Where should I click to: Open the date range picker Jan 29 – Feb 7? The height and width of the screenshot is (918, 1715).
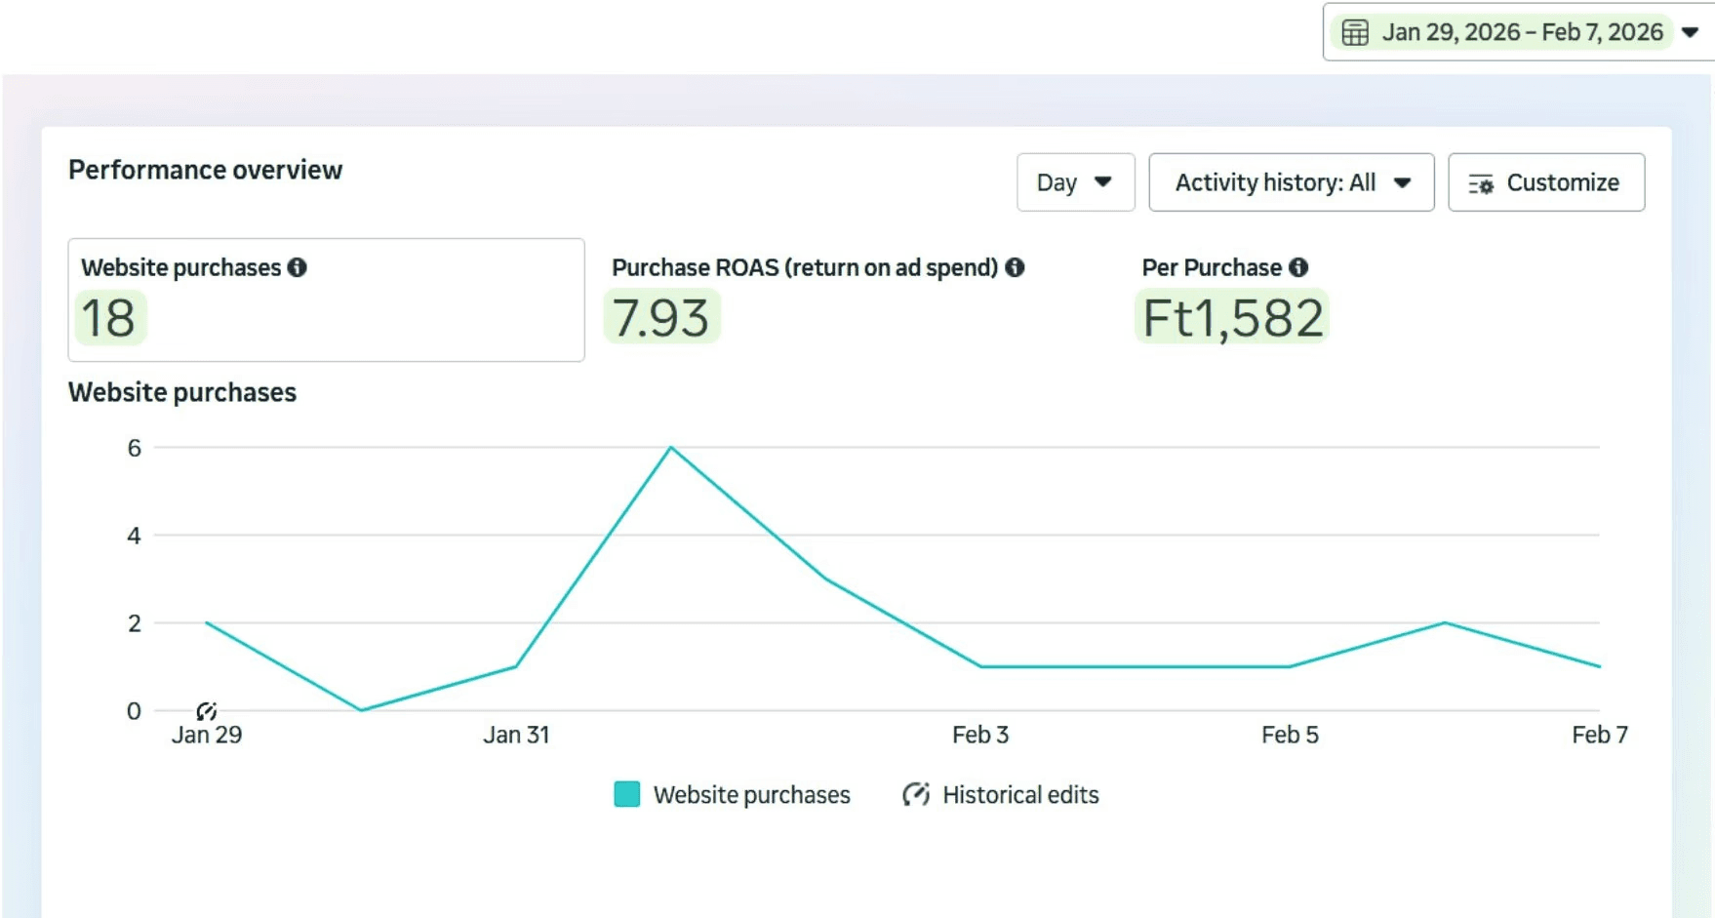[x=1519, y=32]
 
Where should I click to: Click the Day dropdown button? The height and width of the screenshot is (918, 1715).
[x=1075, y=182]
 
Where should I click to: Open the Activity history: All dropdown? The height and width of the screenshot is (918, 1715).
[x=1292, y=182]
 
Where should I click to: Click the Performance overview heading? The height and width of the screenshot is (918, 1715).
[x=205, y=170]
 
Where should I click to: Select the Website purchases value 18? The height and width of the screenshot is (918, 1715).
[x=108, y=318]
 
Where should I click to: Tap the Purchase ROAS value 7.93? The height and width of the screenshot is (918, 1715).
[x=661, y=318]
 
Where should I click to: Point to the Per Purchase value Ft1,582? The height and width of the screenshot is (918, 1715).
[x=1233, y=318]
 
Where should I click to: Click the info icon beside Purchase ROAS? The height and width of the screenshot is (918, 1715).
[x=1015, y=267]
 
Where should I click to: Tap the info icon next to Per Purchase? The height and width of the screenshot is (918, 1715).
[x=1298, y=267]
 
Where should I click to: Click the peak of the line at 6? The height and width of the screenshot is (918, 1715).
[x=671, y=447]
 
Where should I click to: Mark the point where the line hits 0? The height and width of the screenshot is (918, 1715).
[x=361, y=710]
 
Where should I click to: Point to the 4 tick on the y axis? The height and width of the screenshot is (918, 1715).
[x=134, y=536]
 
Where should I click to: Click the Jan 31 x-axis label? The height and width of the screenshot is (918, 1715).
[x=516, y=735]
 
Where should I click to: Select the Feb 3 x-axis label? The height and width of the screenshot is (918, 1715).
[x=980, y=735]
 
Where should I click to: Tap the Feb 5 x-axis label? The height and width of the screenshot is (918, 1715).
[x=1290, y=735]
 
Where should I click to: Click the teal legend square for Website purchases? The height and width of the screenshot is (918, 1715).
[x=627, y=794]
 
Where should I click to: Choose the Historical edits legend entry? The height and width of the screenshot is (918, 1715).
[x=1001, y=795]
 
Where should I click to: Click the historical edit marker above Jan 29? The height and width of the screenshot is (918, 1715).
[x=206, y=711]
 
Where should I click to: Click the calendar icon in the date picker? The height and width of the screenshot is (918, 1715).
[x=1355, y=32]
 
